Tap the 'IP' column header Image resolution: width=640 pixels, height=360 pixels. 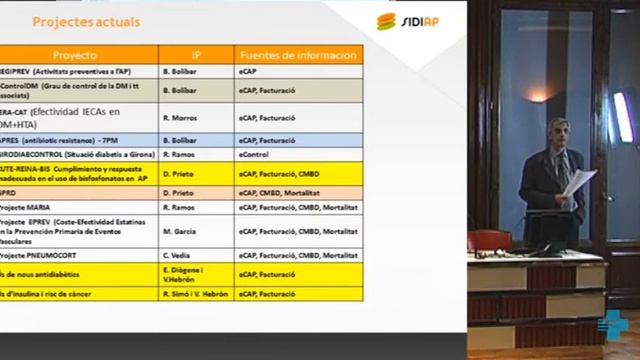pyautogui.click(x=196, y=56)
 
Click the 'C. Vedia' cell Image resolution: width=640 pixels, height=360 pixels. pyautogui.click(x=176, y=255)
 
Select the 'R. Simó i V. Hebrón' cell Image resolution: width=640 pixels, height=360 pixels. pyautogui.click(x=195, y=295)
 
